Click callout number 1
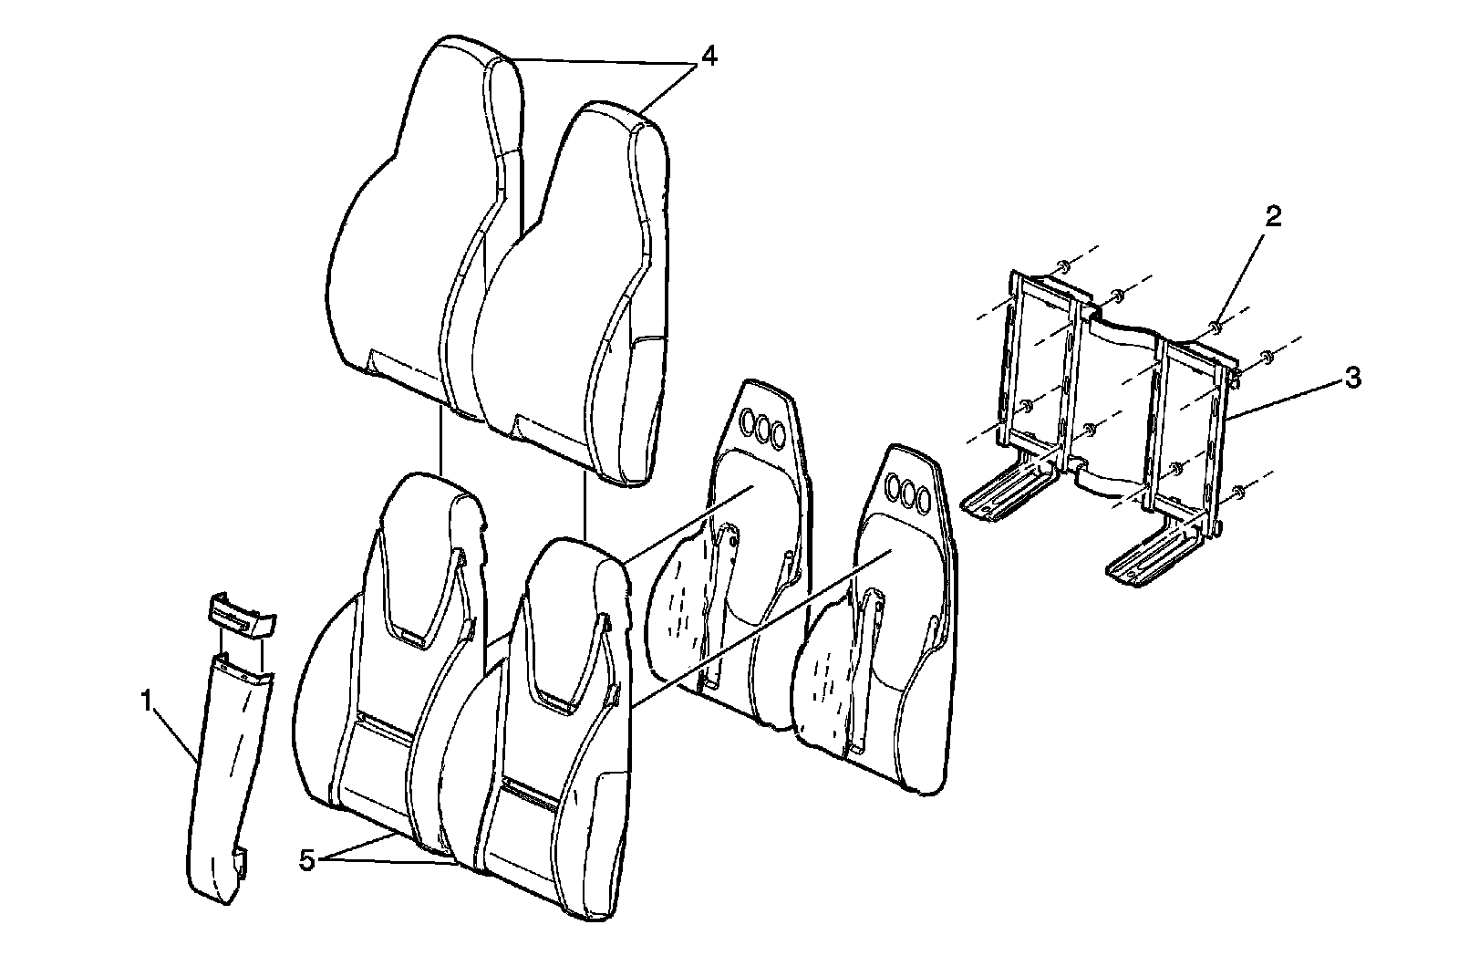145,701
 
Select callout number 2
1273,216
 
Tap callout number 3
1353,377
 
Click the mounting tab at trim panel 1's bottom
243,860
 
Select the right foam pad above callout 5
547,730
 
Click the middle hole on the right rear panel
909,494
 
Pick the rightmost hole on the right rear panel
925,501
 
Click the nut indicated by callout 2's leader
1216,326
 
